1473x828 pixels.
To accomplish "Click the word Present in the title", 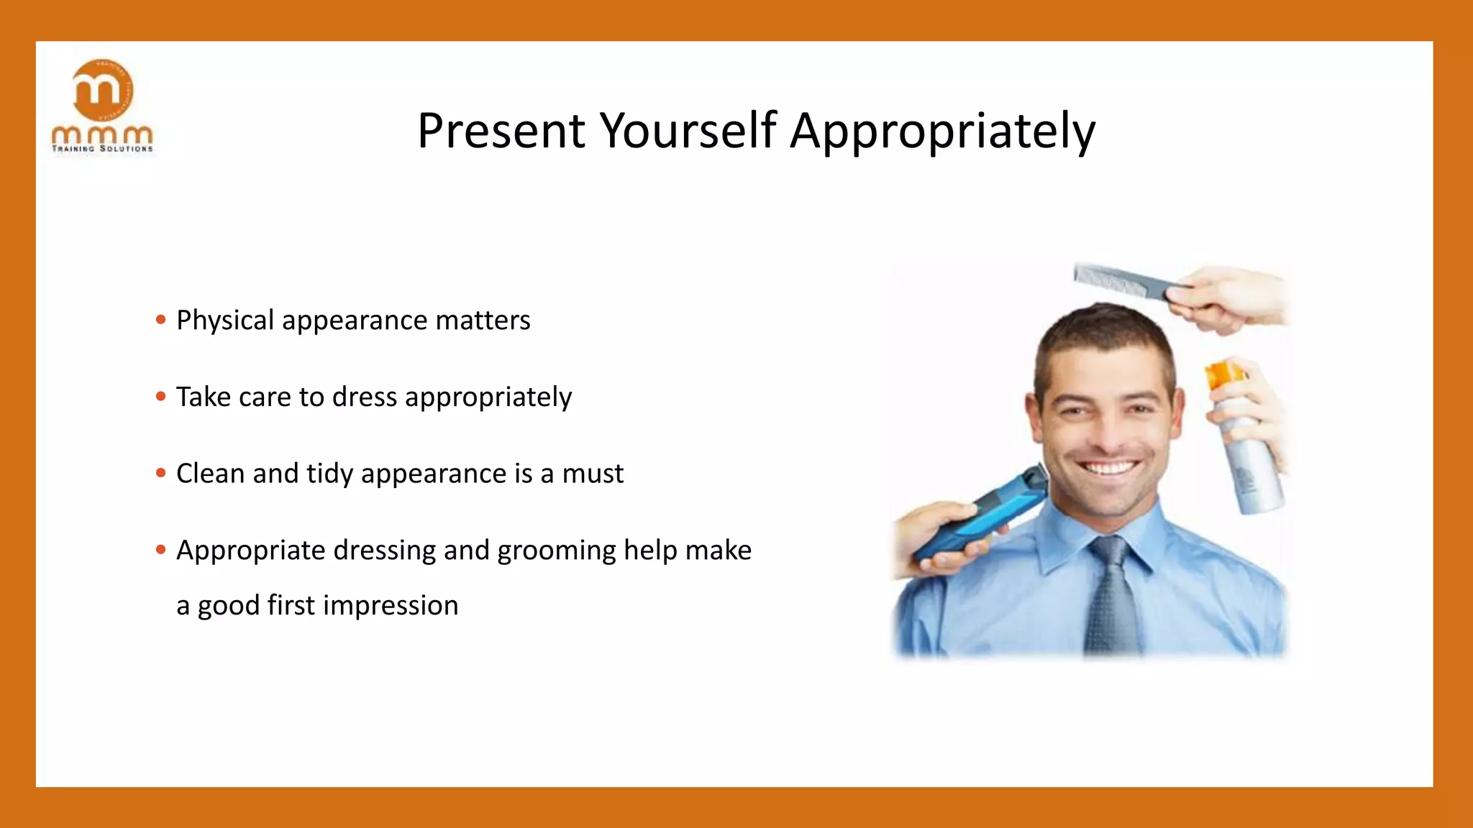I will click(x=501, y=132).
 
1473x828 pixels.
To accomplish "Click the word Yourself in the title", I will click(x=688, y=132).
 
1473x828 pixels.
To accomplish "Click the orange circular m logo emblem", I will click(x=103, y=90).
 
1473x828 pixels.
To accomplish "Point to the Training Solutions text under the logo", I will click(x=102, y=149).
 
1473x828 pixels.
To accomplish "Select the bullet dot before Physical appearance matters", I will click(x=160, y=319).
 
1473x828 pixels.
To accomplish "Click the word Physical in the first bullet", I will click(x=225, y=321).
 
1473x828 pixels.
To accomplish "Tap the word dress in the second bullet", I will click(x=365, y=397).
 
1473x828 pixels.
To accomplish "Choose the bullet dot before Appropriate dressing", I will click(x=160, y=550).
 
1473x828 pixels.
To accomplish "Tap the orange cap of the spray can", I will click(x=1223, y=375).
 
